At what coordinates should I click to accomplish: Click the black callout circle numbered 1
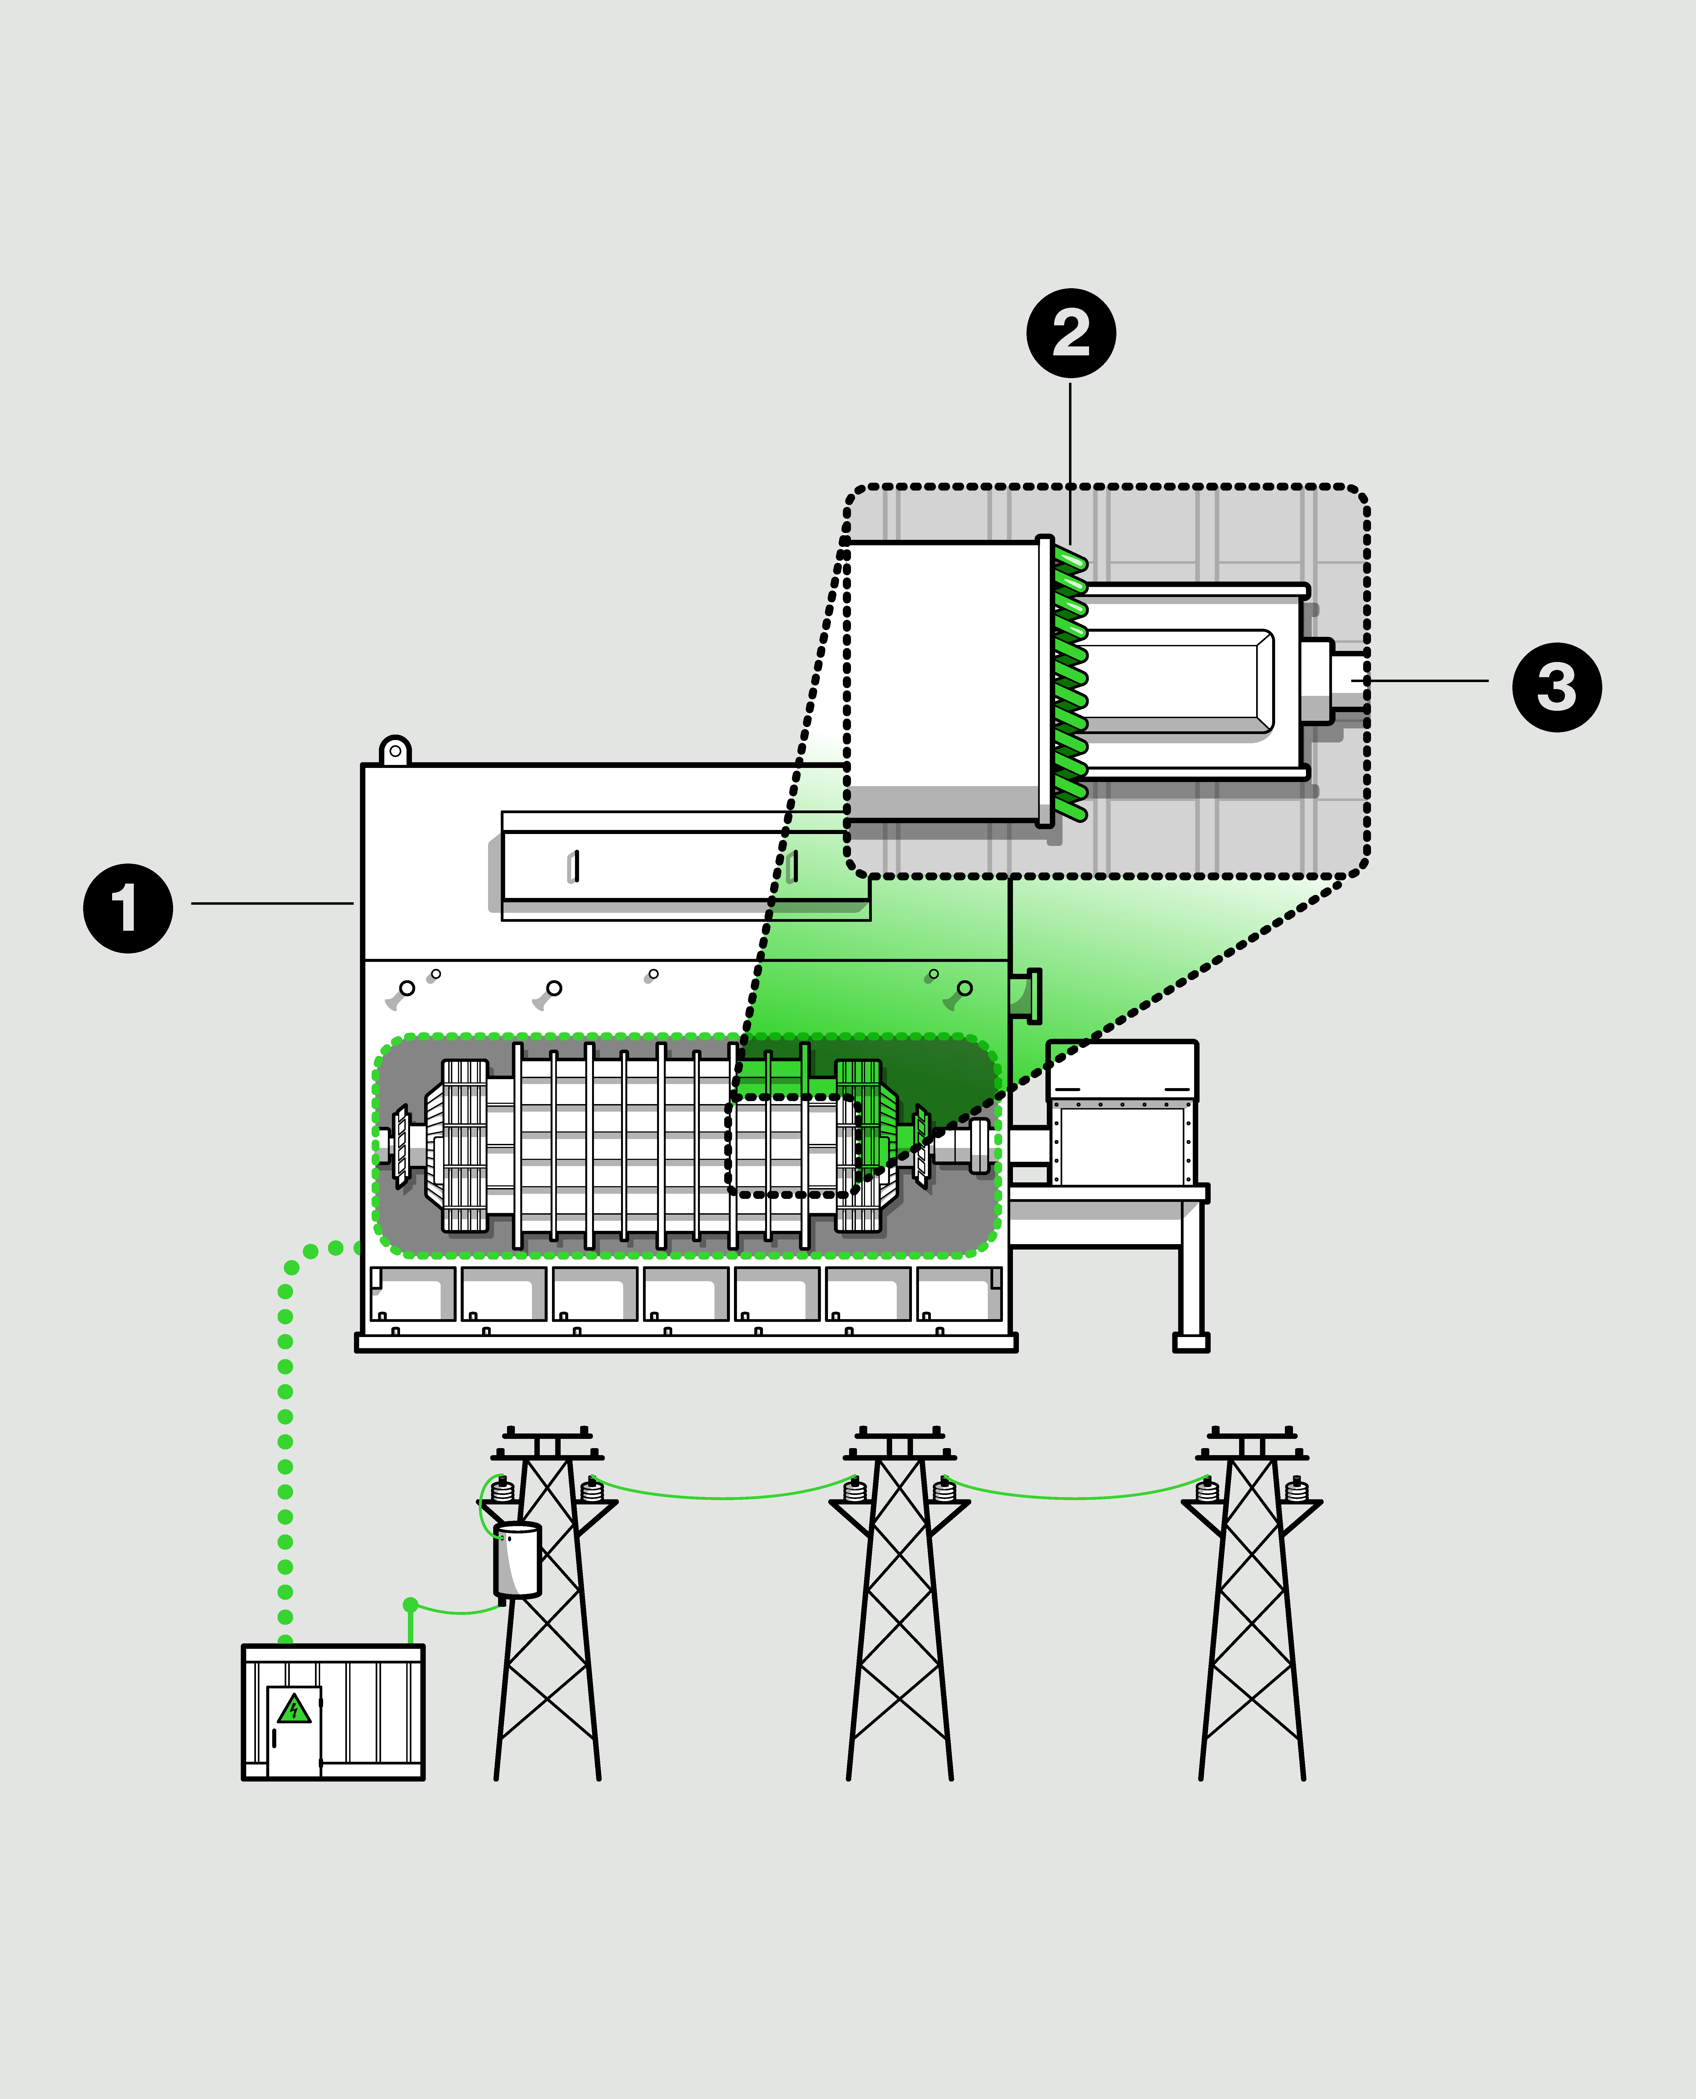(128, 908)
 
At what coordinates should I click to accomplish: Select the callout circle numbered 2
(1071, 333)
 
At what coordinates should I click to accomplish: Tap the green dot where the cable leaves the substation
(410, 1605)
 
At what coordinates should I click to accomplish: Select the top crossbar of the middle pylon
(899, 1435)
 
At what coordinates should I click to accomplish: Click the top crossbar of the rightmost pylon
(1252, 1435)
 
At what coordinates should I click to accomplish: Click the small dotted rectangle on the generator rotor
(791, 1145)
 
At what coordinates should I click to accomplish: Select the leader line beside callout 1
(272, 903)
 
